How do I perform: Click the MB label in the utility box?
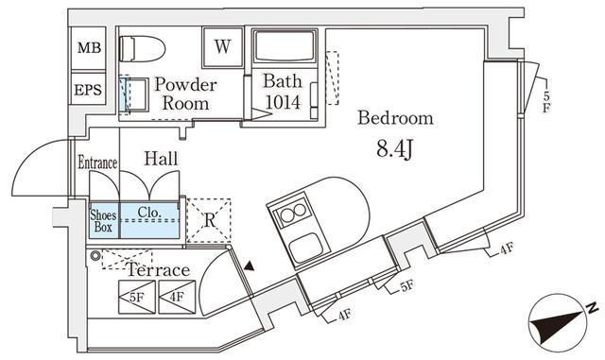[x=89, y=48]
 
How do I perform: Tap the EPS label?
[x=88, y=91]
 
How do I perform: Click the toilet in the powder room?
[x=142, y=49]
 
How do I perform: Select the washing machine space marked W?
[x=223, y=47]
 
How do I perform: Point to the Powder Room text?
[x=185, y=94]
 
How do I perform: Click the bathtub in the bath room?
[x=285, y=46]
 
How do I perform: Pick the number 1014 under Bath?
[x=283, y=102]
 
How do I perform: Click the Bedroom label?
[x=395, y=118]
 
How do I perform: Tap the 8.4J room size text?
[x=395, y=149]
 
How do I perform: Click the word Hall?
[x=161, y=158]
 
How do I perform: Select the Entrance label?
[x=97, y=163]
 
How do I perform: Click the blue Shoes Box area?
[x=104, y=220]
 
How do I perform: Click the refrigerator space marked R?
[x=209, y=220]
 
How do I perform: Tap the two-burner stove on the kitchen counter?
[x=294, y=213]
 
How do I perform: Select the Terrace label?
[x=159, y=269]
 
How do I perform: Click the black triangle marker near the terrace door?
[x=250, y=266]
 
